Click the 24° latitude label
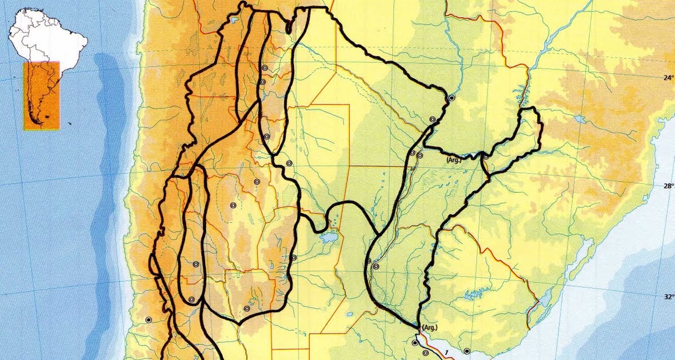661,78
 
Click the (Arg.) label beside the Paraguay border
454,161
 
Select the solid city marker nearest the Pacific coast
149,320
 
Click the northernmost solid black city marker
452,98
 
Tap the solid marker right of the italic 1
466,351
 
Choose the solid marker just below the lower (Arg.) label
414,343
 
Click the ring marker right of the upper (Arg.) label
485,157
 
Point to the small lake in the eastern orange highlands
579,120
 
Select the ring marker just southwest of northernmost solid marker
433,119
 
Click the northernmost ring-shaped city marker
265,68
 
